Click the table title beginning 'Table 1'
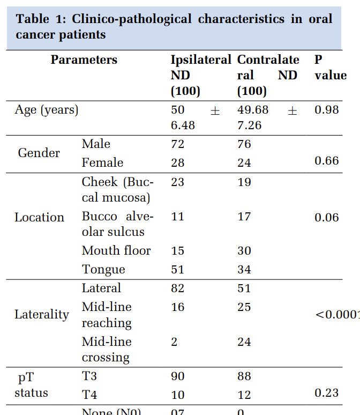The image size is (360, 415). tap(174, 27)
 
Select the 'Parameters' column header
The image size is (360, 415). tap(84, 60)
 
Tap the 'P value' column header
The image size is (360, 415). tap(330, 68)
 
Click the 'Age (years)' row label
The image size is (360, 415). tap(47, 110)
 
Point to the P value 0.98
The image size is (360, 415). tap(327, 110)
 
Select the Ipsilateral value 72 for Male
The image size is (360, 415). tap(177, 144)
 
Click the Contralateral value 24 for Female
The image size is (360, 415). tap(244, 163)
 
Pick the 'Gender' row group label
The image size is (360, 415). tap(39, 153)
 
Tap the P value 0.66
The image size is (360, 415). tap(327, 161)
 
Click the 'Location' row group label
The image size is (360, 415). tap(39, 217)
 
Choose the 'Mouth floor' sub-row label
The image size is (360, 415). tap(116, 250)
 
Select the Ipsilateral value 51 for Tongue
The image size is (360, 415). tap(177, 270)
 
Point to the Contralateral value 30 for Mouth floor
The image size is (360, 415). tap(244, 251)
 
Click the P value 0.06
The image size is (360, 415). tap(327, 217)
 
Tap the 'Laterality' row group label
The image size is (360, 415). tap(41, 315)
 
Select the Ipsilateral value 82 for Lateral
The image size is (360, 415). tap(177, 288)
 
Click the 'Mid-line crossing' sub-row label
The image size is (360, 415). tap(106, 350)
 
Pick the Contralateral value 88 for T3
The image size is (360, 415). tap(244, 377)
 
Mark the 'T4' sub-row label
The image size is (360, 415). tap(89, 395)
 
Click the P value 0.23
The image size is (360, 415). tap(327, 393)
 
